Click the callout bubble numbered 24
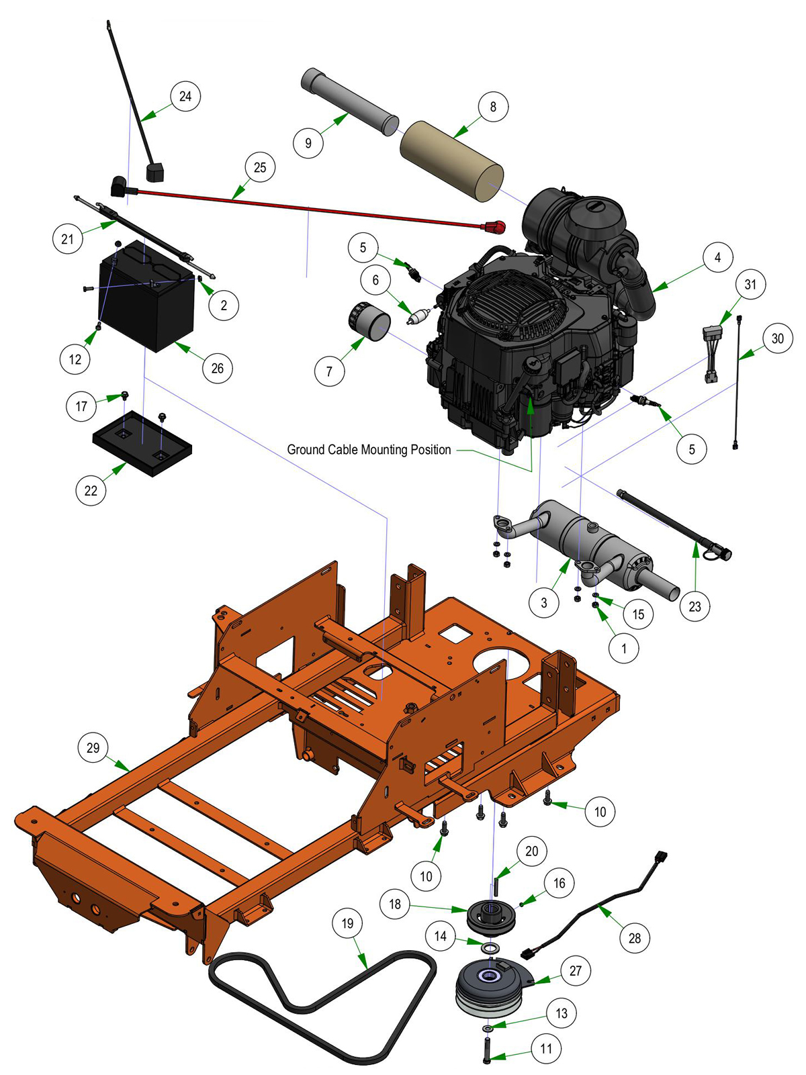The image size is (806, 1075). (185, 96)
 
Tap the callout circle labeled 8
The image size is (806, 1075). (492, 106)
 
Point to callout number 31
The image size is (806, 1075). (750, 284)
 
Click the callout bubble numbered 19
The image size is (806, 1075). (347, 923)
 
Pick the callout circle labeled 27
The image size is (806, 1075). (576, 970)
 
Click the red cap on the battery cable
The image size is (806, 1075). (494, 227)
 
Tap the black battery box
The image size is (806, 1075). (147, 296)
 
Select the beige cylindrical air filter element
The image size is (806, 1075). (451, 162)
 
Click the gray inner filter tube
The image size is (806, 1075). (350, 102)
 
